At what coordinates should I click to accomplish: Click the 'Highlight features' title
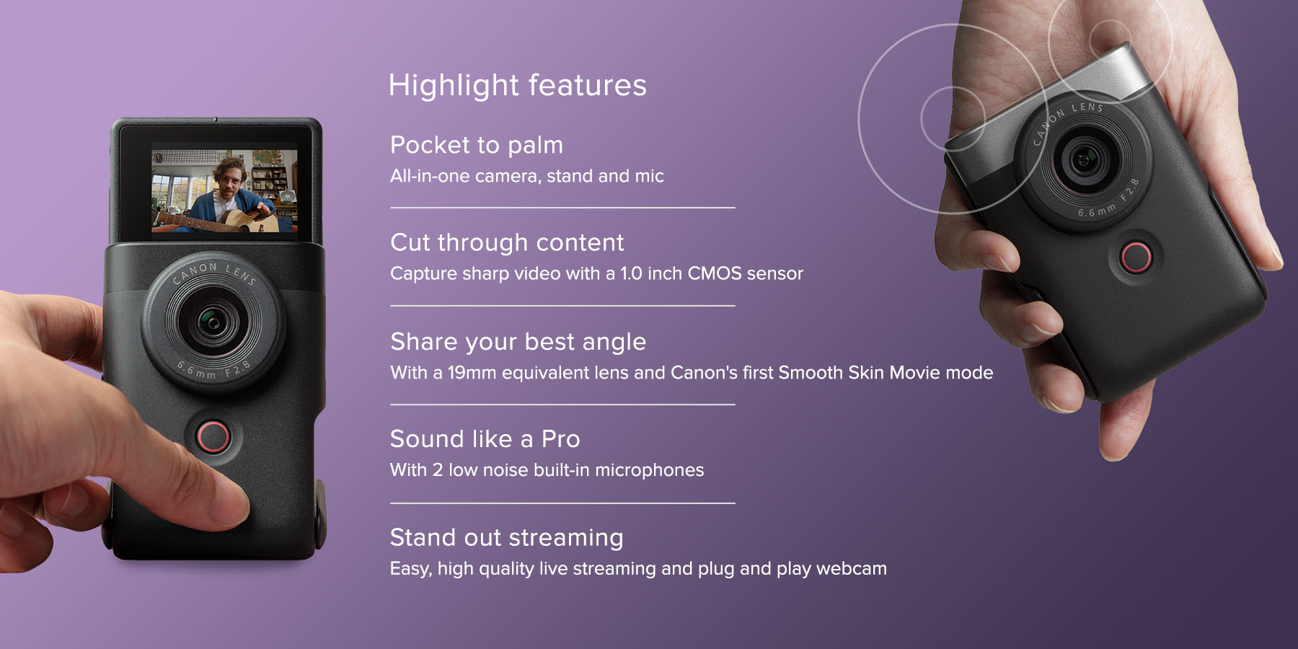point(517,85)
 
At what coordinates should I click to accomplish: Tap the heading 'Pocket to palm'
point(476,145)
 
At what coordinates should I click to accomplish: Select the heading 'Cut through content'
point(507,242)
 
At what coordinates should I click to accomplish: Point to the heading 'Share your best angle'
point(518,342)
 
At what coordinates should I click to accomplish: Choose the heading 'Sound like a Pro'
point(485,438)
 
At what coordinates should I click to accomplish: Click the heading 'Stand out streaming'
point(506,538)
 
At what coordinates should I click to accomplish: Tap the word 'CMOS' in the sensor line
point(714,273)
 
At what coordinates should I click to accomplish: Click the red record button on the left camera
point(213,436)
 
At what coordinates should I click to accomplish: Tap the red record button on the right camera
point(1136,257)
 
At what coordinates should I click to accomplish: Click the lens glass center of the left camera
point(212,322)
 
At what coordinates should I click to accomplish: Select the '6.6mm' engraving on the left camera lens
point(195,371)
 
